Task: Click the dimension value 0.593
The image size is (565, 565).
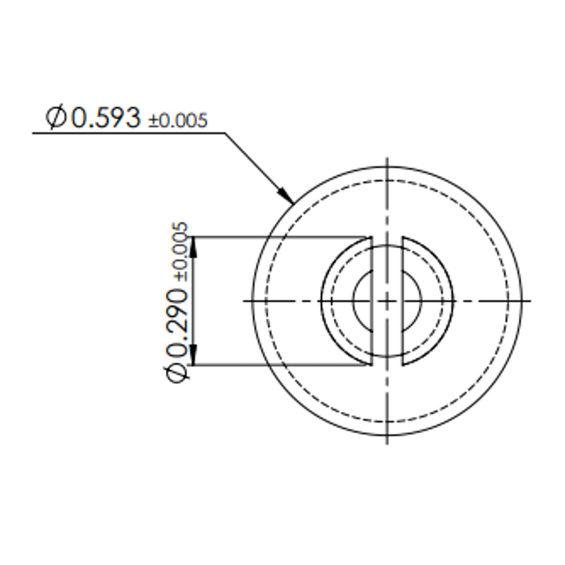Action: pos(106,118)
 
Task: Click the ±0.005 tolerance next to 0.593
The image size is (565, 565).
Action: pos(178,120)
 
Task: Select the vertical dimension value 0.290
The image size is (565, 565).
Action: pos(177,323)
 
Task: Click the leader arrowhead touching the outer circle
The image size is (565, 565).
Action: pos(286,195)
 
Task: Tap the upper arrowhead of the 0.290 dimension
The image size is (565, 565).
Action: pos(194,247)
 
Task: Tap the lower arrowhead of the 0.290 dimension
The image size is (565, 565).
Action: pos(194,355)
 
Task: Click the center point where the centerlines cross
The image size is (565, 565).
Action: pos(387,301)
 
